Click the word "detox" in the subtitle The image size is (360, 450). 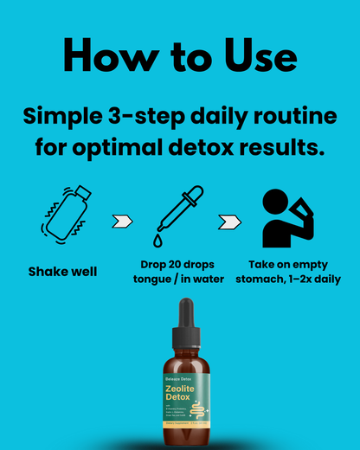pos(225,145)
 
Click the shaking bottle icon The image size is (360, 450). pos(64,215)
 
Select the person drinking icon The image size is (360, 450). pos(287,216)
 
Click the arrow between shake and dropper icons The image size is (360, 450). pos(122,221)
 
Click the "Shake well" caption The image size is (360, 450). pos(63,272)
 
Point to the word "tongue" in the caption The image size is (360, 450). pos(156,279)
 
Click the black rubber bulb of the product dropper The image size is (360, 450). pos(184,316)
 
